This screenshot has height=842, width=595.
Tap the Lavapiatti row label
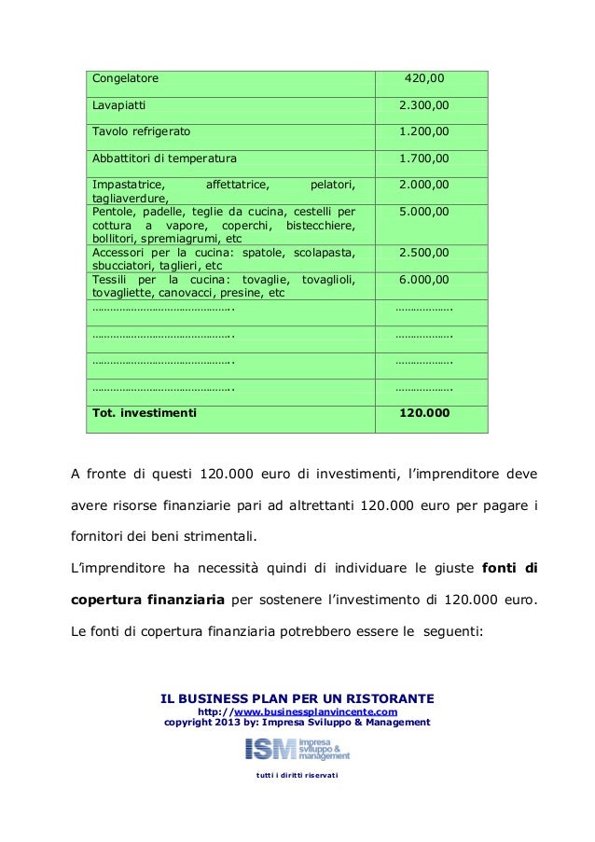pyautogui.click(x=118, y=105)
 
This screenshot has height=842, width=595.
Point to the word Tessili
pyautogui.click(x=108, y=279)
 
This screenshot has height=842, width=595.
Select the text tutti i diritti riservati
pyautogui.click(x=297, y=776)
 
